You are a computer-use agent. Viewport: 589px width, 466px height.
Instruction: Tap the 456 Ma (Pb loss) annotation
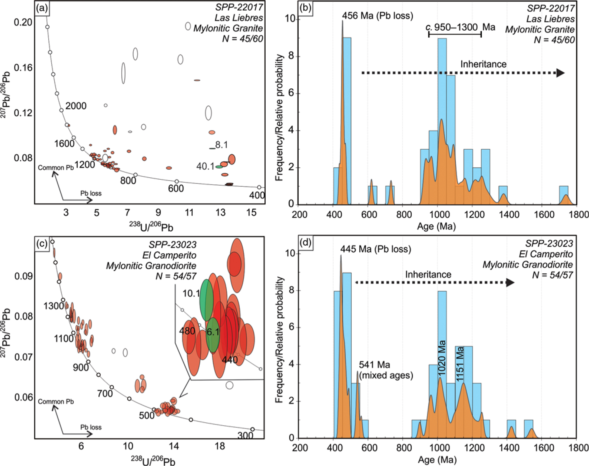[x=378, y=16]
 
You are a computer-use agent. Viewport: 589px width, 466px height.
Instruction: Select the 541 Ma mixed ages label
[x=386, y=370]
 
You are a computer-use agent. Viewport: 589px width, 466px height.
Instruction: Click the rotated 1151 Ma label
[x=460, y=364]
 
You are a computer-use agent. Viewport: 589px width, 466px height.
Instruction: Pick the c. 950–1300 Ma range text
[x=460, y=27]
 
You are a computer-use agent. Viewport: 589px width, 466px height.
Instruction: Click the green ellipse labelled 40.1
[x=219, y=167]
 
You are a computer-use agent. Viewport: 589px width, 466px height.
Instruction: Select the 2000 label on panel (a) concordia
[x=76, y=106]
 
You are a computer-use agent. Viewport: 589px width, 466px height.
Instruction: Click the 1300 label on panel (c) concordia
[x=54, y=306]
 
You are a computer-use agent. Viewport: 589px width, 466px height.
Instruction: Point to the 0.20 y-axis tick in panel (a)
[x=23, y=23]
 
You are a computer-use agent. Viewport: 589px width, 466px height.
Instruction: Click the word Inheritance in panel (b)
[x=483, y=64]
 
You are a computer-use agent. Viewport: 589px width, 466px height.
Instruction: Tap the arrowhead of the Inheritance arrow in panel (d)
[x=510, y=283]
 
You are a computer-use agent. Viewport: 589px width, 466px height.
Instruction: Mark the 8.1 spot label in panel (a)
[x=221, y=145]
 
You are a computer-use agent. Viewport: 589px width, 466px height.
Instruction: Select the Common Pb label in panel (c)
[x=56, y=401]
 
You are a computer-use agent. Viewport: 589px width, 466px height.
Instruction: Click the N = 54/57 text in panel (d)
[x=552, y=275]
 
